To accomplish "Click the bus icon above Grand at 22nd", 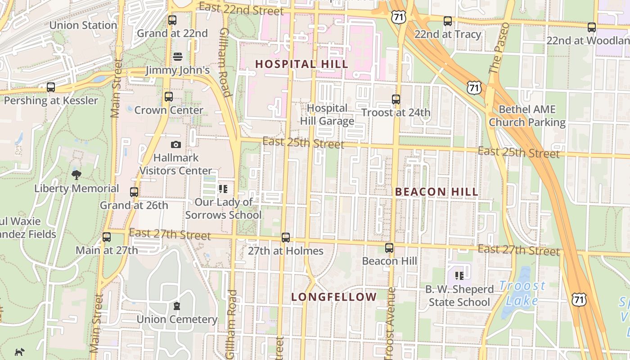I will tap(172, 20).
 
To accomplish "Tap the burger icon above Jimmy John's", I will tap(178, 57).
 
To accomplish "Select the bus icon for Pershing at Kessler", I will tap(51, 87).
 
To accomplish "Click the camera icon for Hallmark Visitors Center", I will tap(176, 144).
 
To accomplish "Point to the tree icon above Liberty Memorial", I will tap(76, 175).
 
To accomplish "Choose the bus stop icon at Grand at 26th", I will tap(134, 192).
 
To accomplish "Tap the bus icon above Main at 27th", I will tap(107, 237).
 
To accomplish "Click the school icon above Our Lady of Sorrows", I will tap(223, 189).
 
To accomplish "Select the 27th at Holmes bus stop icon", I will tap(286, 238).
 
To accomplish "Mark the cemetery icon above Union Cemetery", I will tap(177, 306).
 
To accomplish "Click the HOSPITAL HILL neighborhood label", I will tap(301, 64).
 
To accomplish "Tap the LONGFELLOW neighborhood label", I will tap(334, 297).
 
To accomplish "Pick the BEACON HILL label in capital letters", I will tap(436, 192).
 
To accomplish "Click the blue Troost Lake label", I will tap(522, 293).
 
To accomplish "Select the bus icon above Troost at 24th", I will tap(396, 99).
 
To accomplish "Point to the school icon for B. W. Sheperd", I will tap(459, 275).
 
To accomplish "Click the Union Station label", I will tap(83, 25).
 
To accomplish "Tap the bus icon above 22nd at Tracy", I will tap(448, 21).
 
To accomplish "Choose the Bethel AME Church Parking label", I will tap(527, 116).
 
